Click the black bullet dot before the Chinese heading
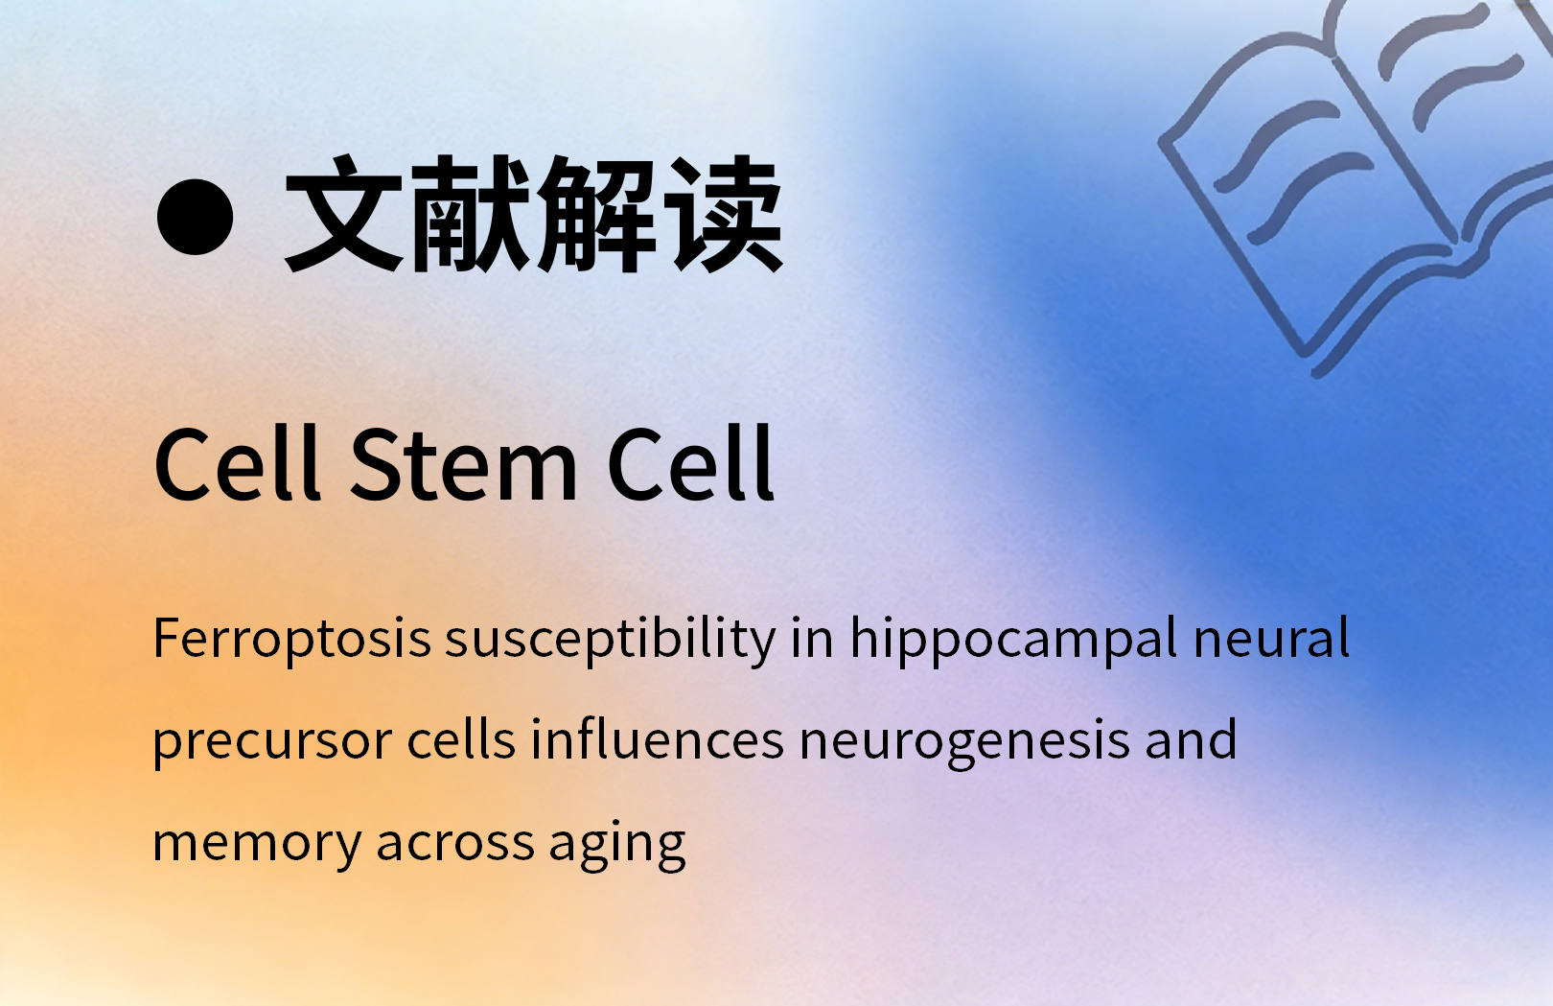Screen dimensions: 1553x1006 (195, 217)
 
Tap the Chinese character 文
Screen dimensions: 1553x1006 (344, 214)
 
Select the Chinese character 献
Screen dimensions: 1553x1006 (471, 214)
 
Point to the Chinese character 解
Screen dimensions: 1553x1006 (596, 214)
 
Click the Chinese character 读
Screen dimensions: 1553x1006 (723, 214)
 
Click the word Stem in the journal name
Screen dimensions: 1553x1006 (464, 463)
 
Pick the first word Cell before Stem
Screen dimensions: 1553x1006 (238, 462)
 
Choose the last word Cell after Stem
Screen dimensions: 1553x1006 (690, 462)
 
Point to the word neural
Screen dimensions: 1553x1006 (1271, 637)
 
